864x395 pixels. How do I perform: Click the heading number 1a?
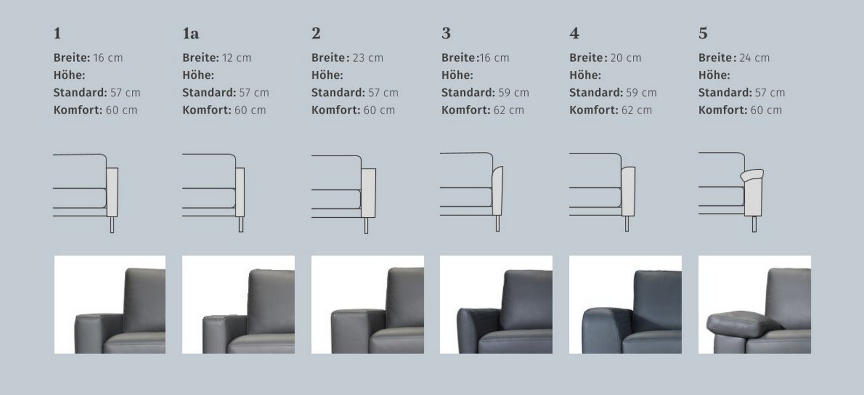click(x=191, y=33)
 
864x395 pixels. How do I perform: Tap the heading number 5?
click(x=703, y=33)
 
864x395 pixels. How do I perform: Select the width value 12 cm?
click(x=237, y=58)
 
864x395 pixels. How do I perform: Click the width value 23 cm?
click(x=368, y=58)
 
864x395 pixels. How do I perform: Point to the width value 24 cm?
click(x=754, y=58)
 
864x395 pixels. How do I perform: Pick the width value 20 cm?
click(x=626, y=58)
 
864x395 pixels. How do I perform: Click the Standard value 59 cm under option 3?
click(x=514, y=92)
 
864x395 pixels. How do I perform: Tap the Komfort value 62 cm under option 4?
click(x=637, y=110)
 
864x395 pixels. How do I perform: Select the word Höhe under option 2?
click(x=327, y=75)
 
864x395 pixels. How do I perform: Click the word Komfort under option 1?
click(x=78, y=110)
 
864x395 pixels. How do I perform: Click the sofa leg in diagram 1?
click(x=112, y=225)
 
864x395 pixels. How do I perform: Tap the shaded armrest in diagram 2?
click(x=368, y=193)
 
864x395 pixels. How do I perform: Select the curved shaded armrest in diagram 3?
click(x=497, y=191)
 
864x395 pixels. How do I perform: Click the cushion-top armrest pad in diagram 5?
click(x=752, y=175)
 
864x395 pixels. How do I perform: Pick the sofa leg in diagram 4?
click(x=627, y=224)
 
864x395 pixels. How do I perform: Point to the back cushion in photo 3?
click(x=527, y=300)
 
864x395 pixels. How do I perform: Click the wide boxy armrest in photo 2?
click(x=357, y=331)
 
